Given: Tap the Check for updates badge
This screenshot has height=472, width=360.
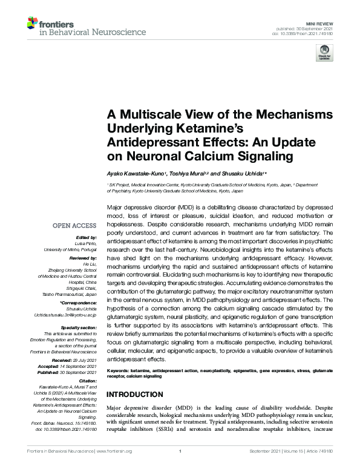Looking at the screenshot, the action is (324, 55).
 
